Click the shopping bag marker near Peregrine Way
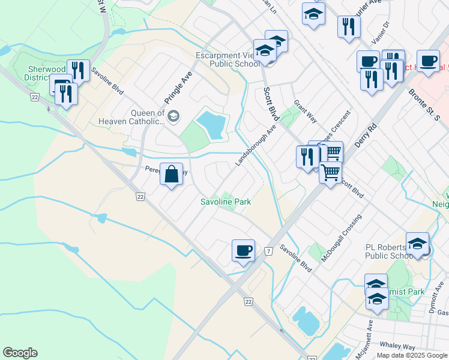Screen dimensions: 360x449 click(x=172, y=175)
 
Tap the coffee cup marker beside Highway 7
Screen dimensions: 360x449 click(x=243, y=250)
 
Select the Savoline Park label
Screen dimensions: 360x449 click(x=226, y=202)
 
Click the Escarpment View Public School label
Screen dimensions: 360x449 click(x=228, y=59)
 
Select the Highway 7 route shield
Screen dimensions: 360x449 click(x=267, y=250)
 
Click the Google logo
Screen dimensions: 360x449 click(x=20, y=353)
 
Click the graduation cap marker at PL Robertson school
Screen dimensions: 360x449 click(x=417, y=244)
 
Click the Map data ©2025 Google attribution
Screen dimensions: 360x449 click(x=412, y=355)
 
